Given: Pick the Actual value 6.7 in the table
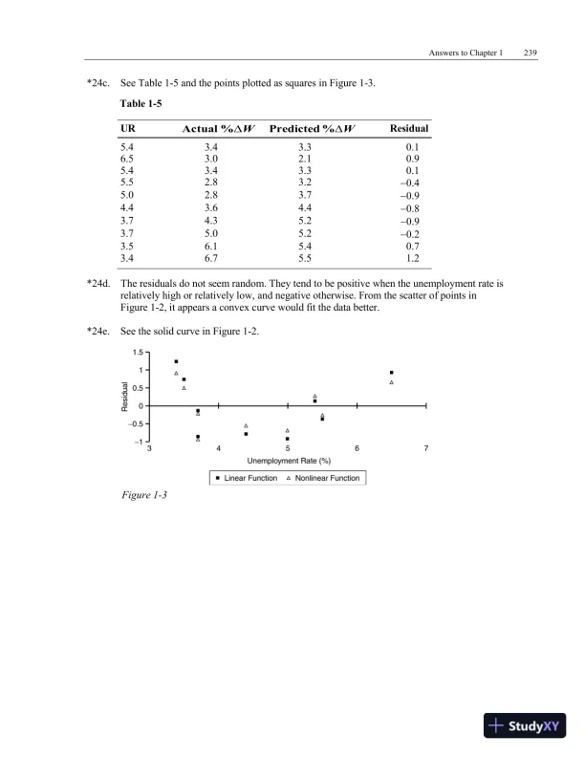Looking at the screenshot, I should coord(212,258).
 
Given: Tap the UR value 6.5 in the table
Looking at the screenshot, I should coord(127,159).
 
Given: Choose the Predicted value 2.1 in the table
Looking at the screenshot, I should coord(305,159).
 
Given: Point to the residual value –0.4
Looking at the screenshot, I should coord(413,181).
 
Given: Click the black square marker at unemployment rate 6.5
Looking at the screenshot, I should coord(392,373).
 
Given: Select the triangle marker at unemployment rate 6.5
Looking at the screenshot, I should coord(392,382).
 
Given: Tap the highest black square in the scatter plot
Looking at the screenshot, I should coord(176,361).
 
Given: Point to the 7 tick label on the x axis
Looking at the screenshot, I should coord(425,447).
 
